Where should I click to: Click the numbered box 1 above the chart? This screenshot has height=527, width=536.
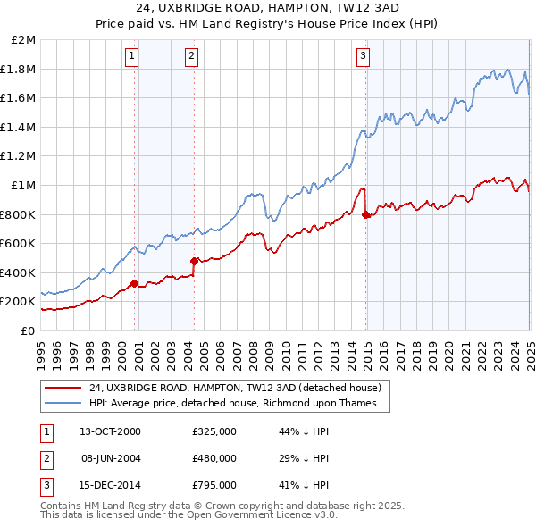point(131,56)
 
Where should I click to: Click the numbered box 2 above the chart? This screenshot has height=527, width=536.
point(191,56)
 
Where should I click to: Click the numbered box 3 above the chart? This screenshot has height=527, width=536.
point(364,56)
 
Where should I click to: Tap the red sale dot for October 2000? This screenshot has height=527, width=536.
point(135,284)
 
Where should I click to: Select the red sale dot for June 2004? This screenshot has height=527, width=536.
point(194,261)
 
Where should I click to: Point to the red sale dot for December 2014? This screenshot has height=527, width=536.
point(366,214)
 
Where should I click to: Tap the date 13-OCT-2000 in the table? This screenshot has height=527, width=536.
point(110,431)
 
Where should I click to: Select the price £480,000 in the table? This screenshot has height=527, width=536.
point(214,458)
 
